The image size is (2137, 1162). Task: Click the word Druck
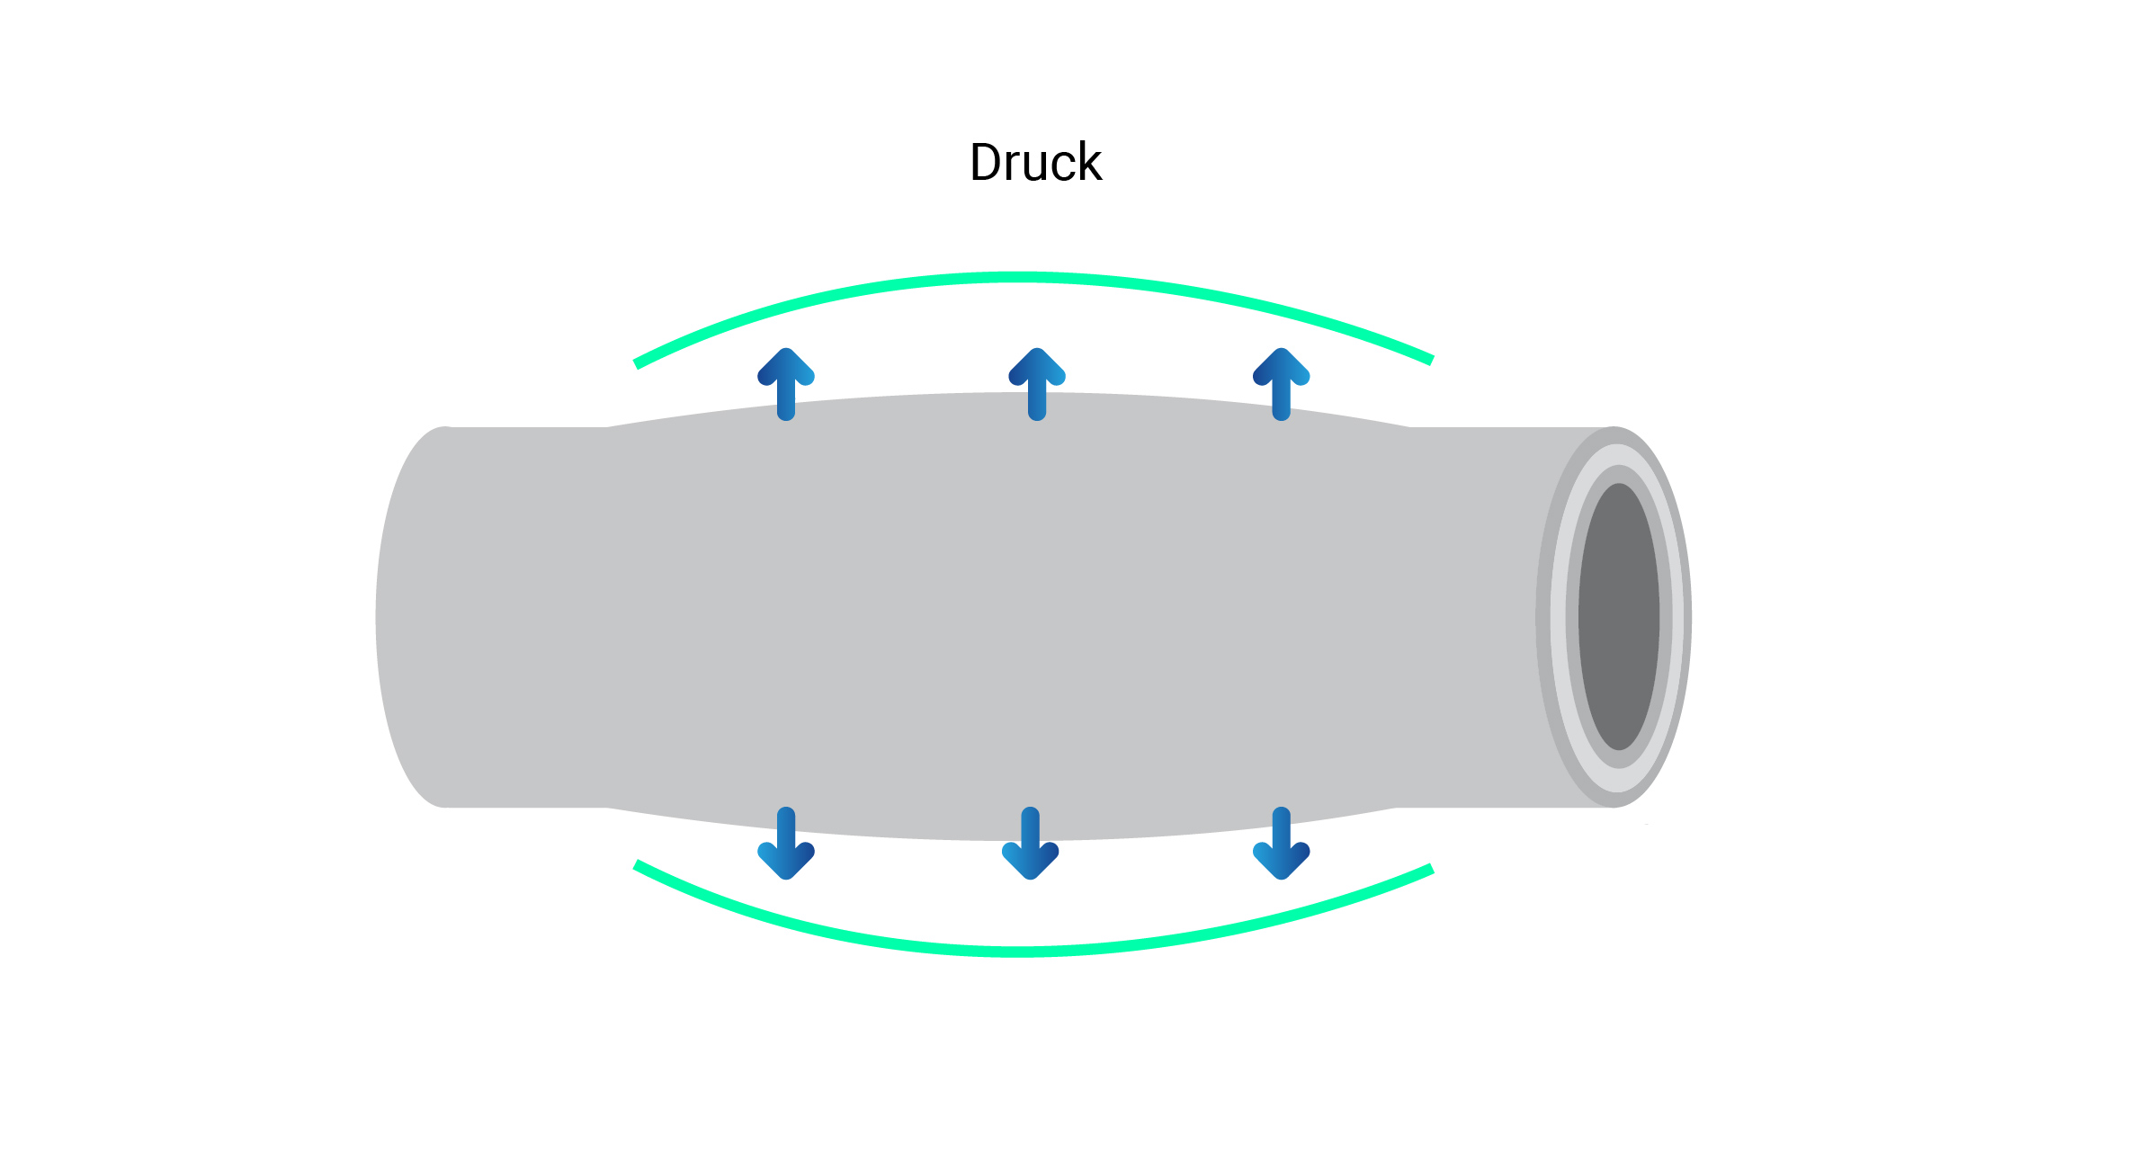[1035, 163]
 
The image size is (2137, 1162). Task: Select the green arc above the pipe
[1025, 278]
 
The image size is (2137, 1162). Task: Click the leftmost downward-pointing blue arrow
[786, 843]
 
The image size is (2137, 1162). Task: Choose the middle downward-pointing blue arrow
[1031, 843]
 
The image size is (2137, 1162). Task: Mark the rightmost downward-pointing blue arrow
[1282, 843]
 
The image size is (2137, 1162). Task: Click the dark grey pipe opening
[1619, 617]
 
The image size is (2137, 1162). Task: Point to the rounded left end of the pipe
[396, 617]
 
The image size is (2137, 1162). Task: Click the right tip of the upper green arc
[1429, 360]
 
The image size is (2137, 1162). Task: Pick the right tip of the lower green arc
[1429, 869]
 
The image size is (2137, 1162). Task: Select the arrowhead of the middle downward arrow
[1031, 862]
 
